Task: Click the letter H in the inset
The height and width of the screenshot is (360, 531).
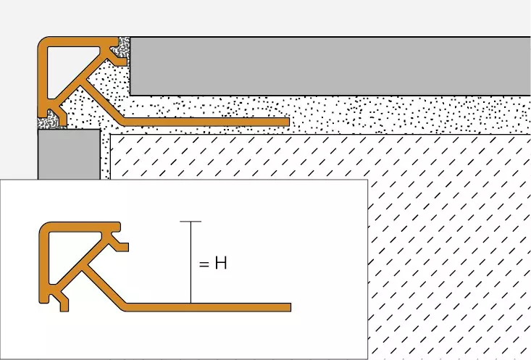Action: point(221,264)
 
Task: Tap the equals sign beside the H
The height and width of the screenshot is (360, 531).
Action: point(204,264)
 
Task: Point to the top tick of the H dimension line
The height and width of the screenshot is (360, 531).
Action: point(191,221)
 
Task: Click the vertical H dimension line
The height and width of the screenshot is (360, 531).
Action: point(191,268)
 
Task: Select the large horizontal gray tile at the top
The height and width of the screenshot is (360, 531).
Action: point(326,65)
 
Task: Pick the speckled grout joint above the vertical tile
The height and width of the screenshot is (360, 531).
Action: point(51,121)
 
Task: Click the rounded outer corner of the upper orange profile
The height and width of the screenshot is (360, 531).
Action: point(46,45)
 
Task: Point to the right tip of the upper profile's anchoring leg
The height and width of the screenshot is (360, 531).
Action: point(287,121)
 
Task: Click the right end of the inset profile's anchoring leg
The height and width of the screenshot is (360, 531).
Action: point(288,307)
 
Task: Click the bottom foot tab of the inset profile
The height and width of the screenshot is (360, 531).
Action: point(64,305)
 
